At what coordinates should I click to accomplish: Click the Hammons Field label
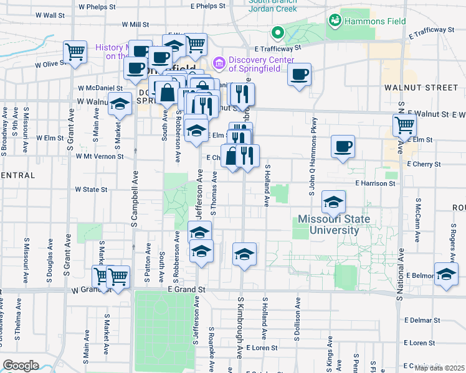click(376, 21)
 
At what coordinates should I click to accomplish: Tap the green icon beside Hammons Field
click(336, 21)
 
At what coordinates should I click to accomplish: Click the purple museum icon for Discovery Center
click(218, 63)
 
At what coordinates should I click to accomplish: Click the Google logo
click(20, 366)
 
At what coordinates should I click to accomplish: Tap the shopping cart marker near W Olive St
click(75, 52)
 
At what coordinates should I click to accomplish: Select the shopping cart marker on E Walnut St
click(405, 125)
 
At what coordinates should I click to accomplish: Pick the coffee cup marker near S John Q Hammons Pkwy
click(343, 147)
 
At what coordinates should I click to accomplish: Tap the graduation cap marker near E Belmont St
click(446, 274)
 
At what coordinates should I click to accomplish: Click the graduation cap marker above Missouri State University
click(334, 202)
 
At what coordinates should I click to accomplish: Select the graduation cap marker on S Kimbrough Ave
click(244, 254)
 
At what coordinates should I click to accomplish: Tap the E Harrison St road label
click(376, 183)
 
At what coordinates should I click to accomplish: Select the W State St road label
click(91, 189)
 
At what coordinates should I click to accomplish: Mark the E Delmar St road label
click(422, 320)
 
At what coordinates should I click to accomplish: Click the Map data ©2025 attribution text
click(439, 368)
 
